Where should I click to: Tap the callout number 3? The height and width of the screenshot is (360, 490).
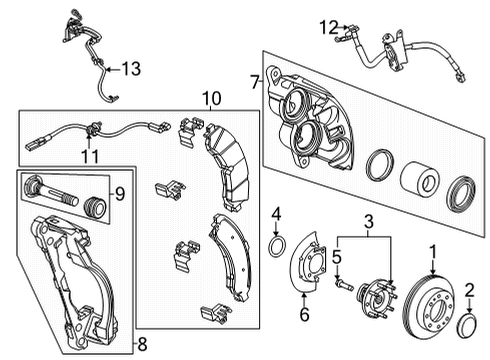click(x=369, y=222)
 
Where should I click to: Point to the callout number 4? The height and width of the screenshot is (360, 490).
click(x=277, y=212)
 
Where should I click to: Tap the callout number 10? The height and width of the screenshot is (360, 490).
click(x=209, y=99)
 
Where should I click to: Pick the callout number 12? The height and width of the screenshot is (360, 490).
click(x=328, y=27)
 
